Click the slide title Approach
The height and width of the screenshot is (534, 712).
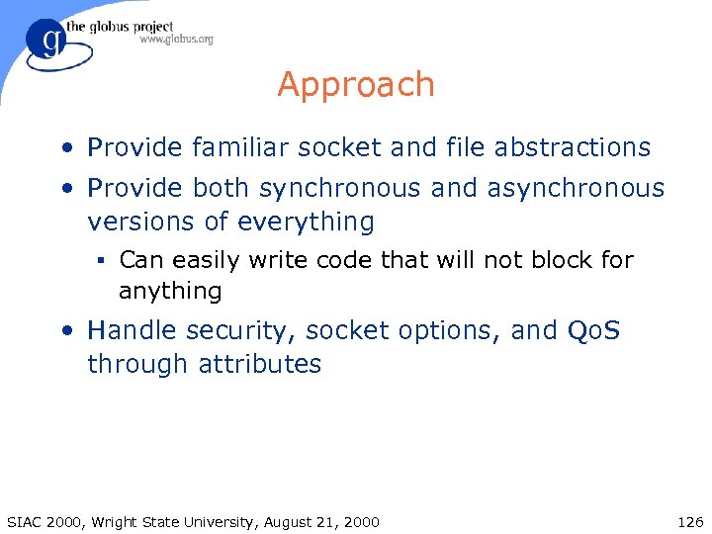356,85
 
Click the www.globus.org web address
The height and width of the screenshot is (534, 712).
175,40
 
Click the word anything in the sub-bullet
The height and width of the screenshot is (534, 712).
170,291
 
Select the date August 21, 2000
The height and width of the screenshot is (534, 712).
322,521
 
